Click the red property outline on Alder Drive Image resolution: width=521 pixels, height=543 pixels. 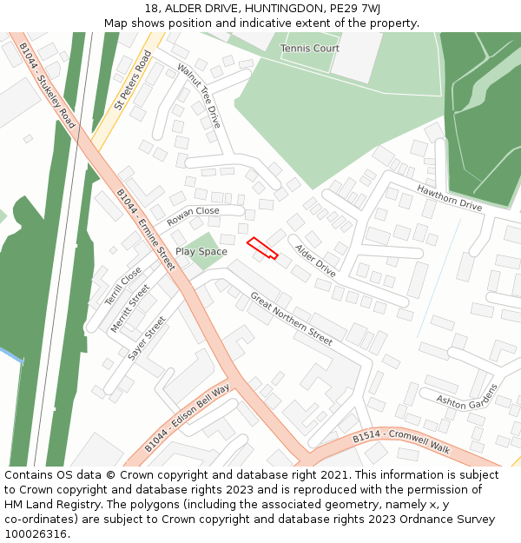262,248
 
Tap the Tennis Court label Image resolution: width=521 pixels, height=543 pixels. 310,49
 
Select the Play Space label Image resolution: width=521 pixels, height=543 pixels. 201,252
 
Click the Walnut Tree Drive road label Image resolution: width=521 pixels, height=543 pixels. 199,96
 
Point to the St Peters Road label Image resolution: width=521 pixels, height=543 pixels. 133,80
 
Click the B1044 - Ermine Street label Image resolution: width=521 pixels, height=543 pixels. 146,229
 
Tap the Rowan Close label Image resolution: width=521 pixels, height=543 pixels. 193,216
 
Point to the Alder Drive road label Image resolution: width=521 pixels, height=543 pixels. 314,261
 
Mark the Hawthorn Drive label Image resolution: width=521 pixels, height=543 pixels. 449,198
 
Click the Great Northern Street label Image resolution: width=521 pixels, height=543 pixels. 291,319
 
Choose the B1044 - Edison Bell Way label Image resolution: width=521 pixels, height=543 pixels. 187,417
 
